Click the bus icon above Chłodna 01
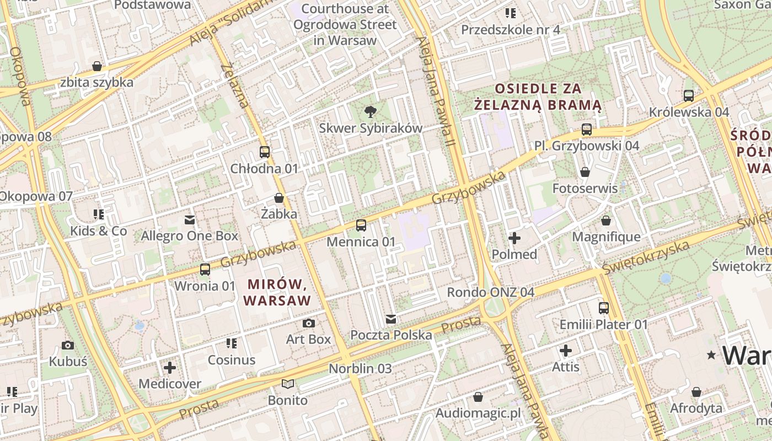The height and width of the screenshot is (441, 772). pos(265,152)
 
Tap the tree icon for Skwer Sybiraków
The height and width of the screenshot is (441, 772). pos(371,112)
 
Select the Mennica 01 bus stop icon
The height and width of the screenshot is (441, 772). pos(361,225)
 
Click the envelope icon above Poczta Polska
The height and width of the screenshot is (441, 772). pos(391,319)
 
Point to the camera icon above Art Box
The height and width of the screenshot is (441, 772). pos(309,323)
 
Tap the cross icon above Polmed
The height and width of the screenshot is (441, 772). pos(514,238)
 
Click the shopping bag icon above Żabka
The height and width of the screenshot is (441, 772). pos(279,198)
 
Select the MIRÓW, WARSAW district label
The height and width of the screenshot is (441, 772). pos(277,293)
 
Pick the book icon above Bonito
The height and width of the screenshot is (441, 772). pos(288,384)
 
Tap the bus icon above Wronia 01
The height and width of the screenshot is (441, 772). pos(205,270)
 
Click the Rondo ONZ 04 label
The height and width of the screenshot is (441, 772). pos(490,292)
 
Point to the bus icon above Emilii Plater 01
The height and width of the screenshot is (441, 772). pos(604,308)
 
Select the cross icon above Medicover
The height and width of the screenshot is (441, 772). pos(170,367)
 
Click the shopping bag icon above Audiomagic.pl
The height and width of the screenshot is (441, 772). pos(478,397)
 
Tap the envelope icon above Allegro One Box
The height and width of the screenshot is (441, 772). pos(190,220)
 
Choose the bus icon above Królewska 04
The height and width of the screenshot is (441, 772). pos(689,96)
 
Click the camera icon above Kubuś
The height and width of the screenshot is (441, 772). pos(68,346)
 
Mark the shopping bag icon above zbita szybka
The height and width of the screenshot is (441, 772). pos(97,66)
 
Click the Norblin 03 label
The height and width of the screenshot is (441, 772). pos(360,368)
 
